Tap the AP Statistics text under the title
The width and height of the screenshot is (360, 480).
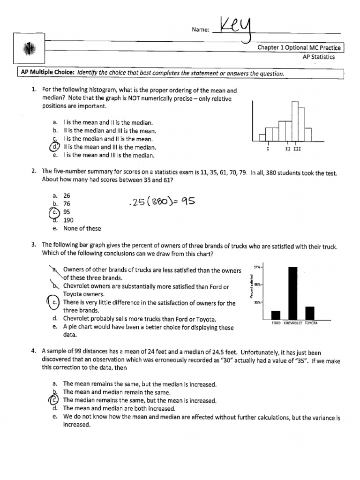(x=318, y=57)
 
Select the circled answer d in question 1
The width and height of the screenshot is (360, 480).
(x=54, y=147)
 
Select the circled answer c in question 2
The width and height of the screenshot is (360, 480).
(x=54, y=211)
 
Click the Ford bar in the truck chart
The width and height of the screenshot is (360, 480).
(x=276, y=315)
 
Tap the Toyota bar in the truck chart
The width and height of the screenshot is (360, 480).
(x=310, y=313)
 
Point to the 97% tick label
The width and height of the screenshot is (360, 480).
(x=257, y=267)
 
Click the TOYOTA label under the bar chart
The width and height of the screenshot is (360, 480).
(x=311, y=323)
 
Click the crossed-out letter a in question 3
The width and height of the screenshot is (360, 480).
(x=55, y=270)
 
